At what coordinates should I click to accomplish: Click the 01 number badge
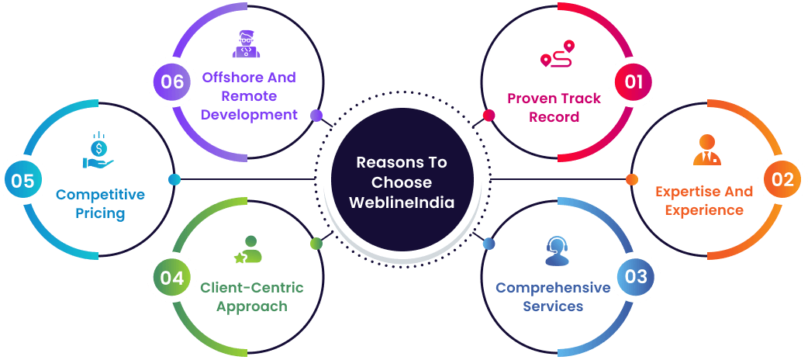pyautogui.click(x=634, y=81)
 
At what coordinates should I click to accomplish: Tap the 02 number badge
pyautogui.click(x=783, y=180)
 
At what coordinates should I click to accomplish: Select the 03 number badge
pyautogui.click(x=635, y=277)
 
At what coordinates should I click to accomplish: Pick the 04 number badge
pyautogui.click(x=172, y=277)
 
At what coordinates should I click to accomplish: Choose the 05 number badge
pyautogui.click(x=23, y=181)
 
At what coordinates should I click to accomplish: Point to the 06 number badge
pyautogui.click(x=172, y=81)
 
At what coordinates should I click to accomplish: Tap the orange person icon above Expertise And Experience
pyautogui.click(x=706, y=151)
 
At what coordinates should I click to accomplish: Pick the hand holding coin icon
pyautogui.click(x=98, y=153)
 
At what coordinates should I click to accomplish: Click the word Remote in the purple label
pyautogui.click(x=249, y=96)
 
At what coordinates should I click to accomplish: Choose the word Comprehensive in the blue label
pyautogui.click(x=553, y=288)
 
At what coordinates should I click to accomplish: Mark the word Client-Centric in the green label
pyautogui.click(x=252, y=288)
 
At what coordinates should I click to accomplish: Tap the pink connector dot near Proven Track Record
pyautogui.click(x=489, y=116)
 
